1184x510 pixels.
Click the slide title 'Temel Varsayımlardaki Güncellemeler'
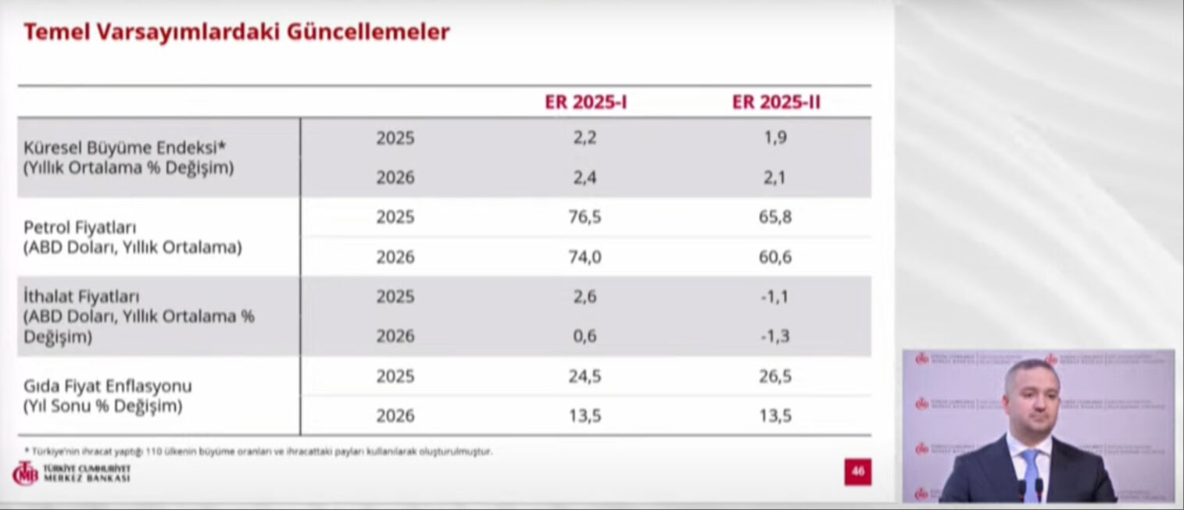236,32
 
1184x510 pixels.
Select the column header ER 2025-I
585,102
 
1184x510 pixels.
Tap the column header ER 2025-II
775,102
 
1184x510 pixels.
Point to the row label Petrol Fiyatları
80,228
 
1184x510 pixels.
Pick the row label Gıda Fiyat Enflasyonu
108,387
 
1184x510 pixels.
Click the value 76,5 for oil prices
585,217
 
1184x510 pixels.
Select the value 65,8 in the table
774,217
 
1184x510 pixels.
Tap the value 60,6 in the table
774,257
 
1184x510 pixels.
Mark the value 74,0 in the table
585,257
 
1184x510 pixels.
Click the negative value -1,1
774,297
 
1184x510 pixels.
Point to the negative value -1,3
774,337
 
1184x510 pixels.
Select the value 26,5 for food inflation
774,376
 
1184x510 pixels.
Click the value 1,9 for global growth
774,137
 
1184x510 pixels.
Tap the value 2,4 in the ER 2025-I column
585,177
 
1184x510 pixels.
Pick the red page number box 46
857,472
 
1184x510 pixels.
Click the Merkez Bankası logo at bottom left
70,473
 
